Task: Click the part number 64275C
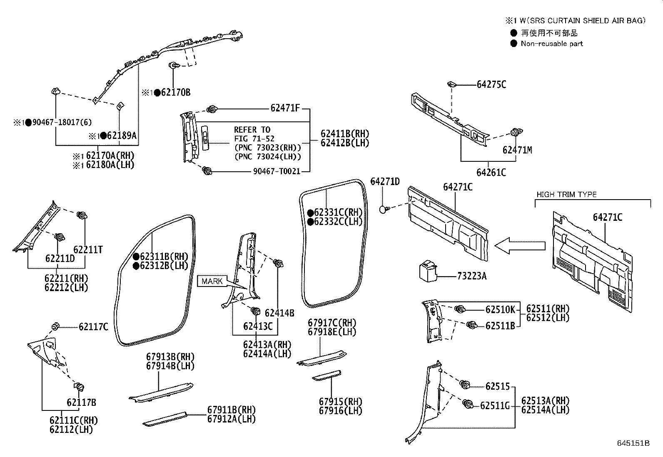(x=491, y=84)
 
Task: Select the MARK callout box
(x=212, y=281)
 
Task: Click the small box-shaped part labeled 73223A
(x=428, y=271)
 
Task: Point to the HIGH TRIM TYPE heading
(x=566, y=195)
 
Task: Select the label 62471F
(x=285, y=109)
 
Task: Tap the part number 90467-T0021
(x=277, y=171)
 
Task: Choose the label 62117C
(x=93, y=327)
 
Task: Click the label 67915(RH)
(x=340, y=402)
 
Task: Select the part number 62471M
(x=517, y=150)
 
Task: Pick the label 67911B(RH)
(x=231, y=410)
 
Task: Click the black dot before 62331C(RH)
(x=310, y=213)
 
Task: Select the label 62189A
(x=122, y=136)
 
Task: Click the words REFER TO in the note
(x=252, y=130)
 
